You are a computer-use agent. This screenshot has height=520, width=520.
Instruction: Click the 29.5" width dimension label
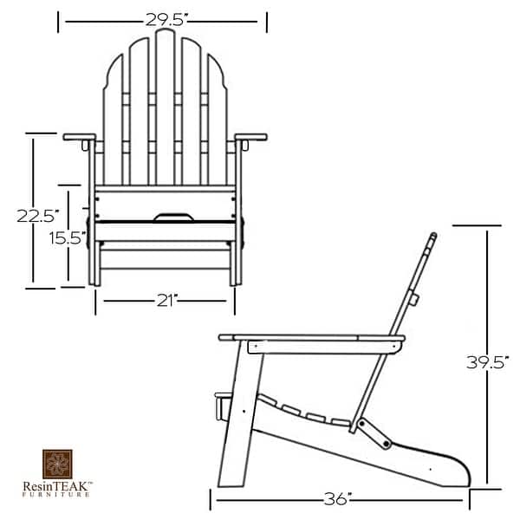click(164, 19)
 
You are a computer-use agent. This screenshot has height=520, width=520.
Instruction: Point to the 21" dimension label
click(165, 301)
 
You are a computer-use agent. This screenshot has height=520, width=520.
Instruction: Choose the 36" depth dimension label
click(338, 499)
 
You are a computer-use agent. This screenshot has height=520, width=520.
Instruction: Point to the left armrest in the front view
click(79, 136)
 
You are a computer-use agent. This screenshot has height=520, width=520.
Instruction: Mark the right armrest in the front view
click(250, 136)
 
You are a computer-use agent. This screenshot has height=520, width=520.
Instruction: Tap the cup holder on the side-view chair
click(223, 402)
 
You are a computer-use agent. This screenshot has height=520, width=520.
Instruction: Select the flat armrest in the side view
click(312, 337)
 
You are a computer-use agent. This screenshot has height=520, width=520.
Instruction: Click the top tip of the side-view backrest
click(432, 237)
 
